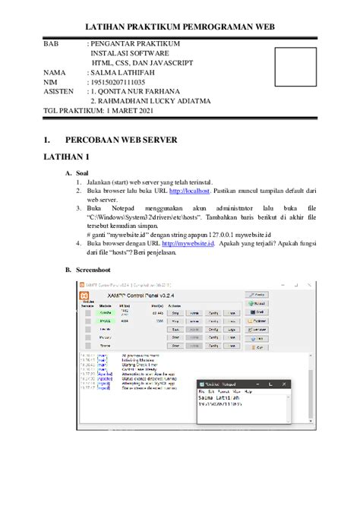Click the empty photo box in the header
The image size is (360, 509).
[x=296, y=69]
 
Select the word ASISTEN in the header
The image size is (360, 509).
[x=58, y=91]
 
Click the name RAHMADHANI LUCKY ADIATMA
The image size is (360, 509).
[x=150, y=101]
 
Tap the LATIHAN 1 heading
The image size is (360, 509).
[x=64, y=156]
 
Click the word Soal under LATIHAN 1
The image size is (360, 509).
[x=84, y=173]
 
